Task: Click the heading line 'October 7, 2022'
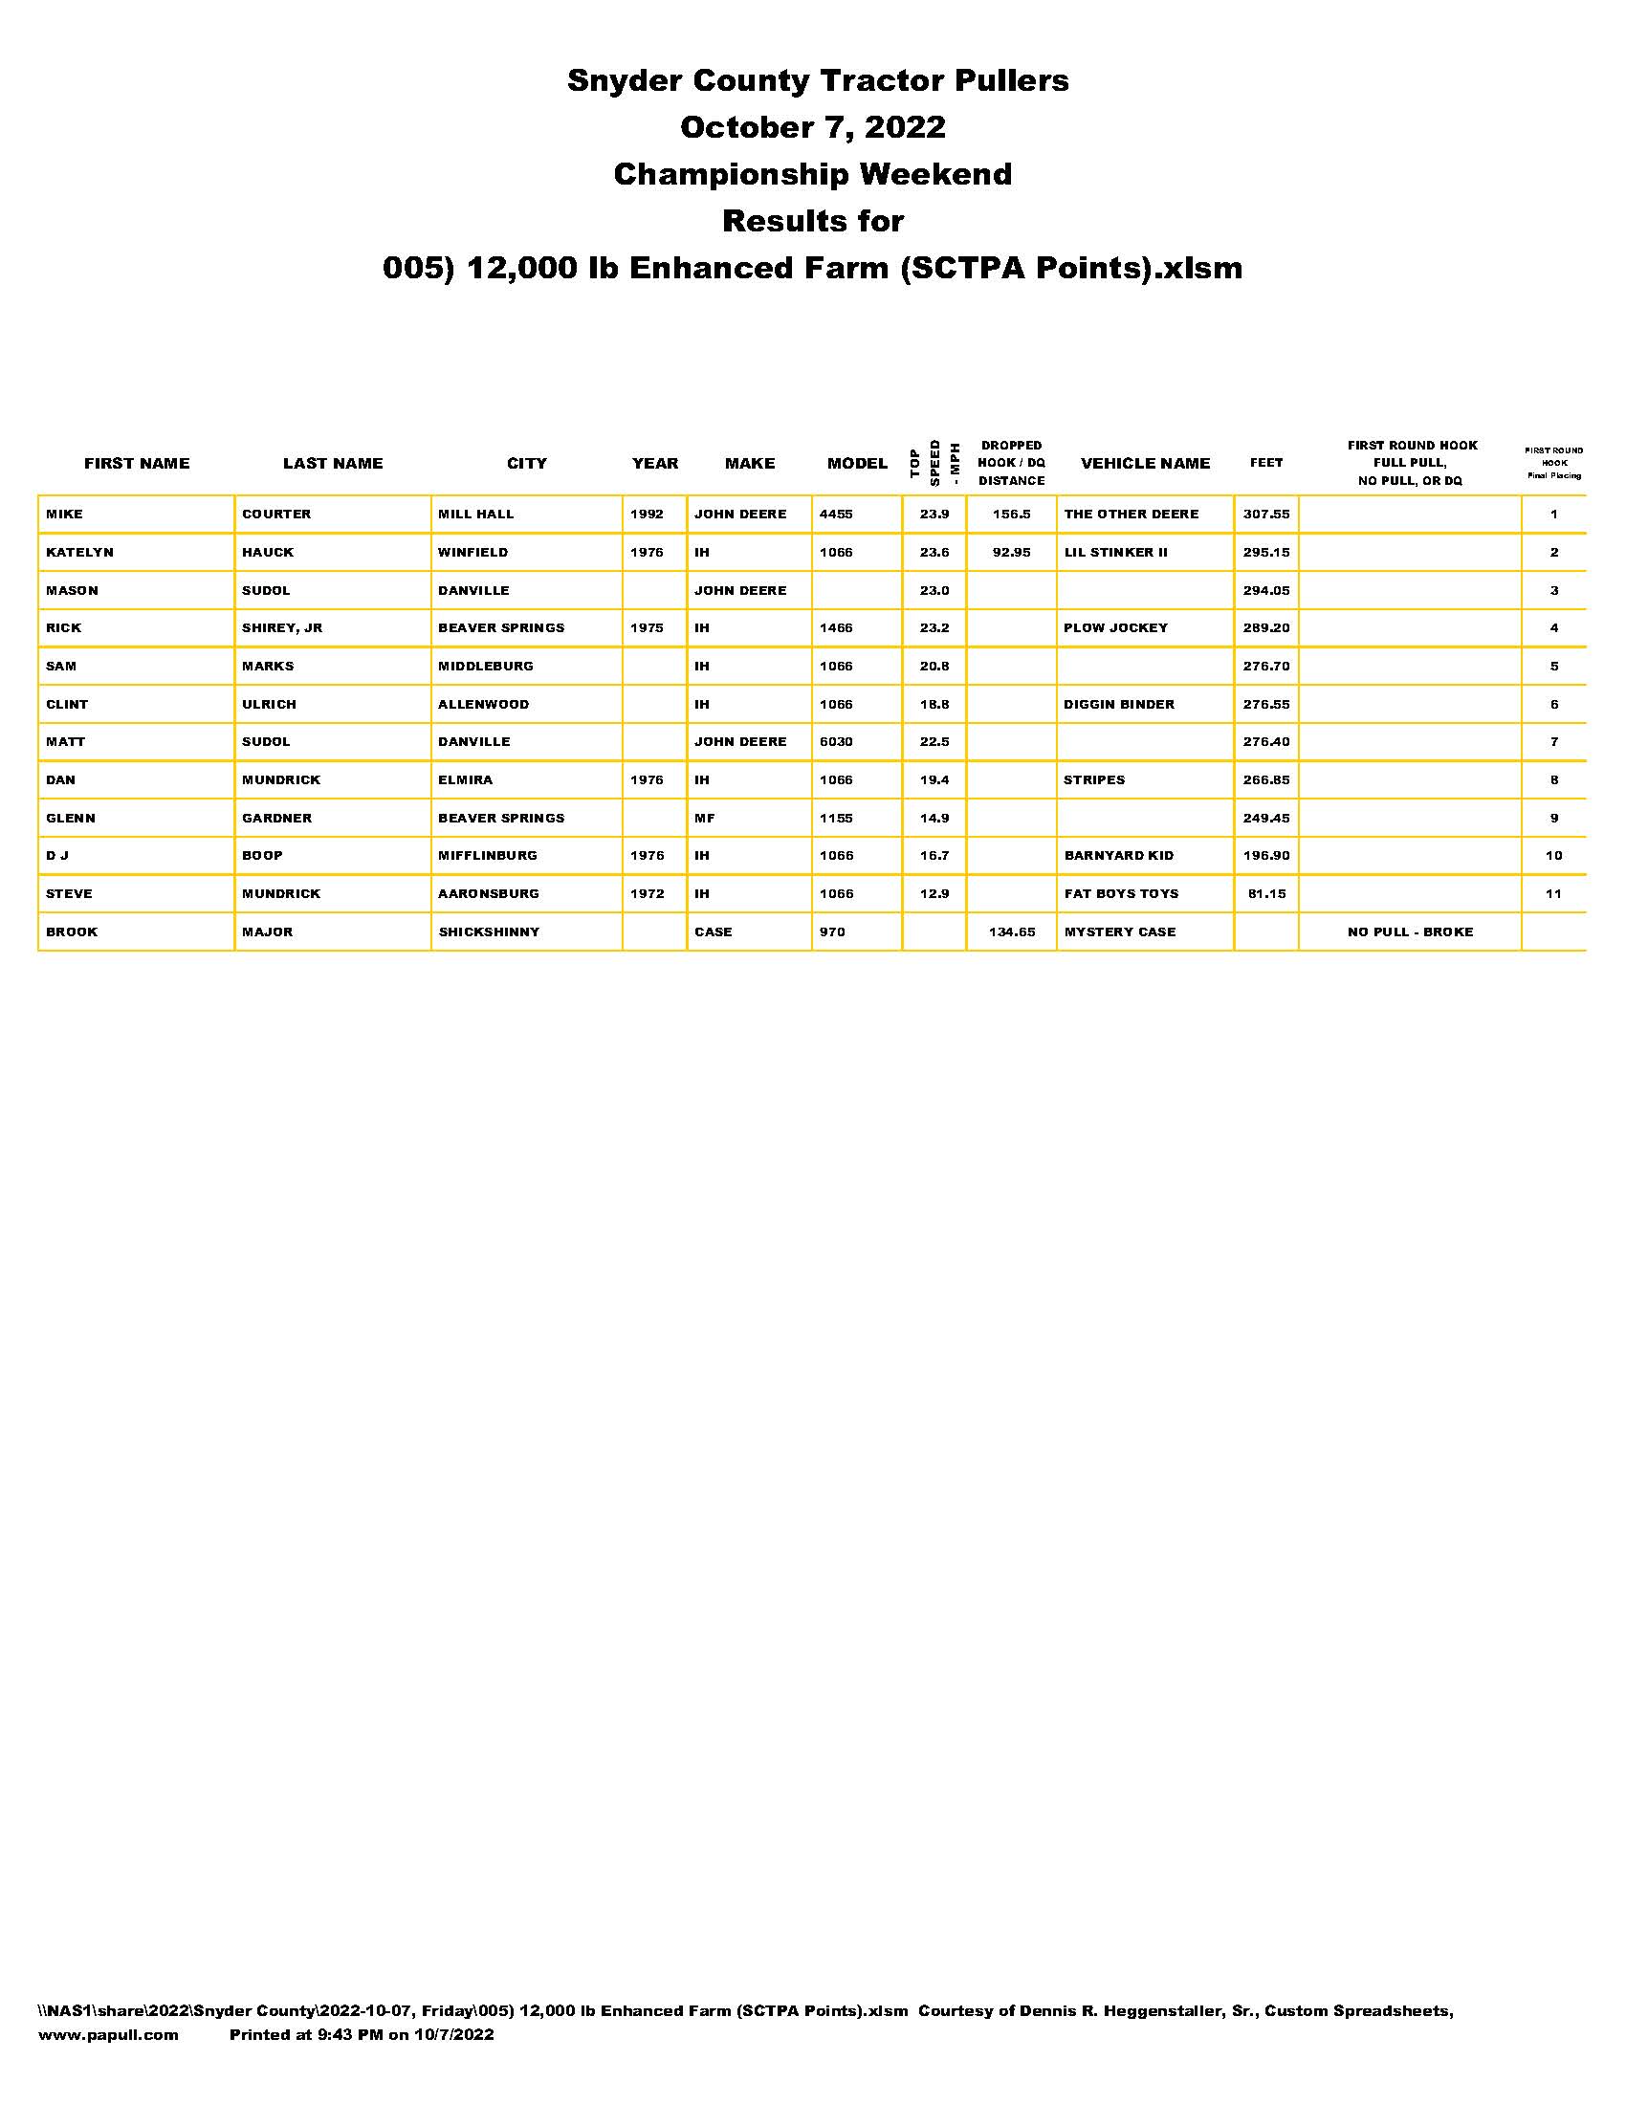[x=812, y=127]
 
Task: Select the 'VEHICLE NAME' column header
[x=1144, y=464]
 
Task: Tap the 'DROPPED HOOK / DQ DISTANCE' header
[x=1010, y=464]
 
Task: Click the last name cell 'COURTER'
[x=276, y=515]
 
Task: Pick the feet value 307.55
[x=1264, y=515]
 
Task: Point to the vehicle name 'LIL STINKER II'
[x=1114, y=553]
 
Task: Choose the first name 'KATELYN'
[x=80, y=553]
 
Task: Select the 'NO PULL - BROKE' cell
[x=1409, y=932]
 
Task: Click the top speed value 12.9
[x=934, y=894]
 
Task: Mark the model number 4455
[x=835, y=515]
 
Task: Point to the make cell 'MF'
[x=704, y=818]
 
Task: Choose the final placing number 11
[x=1552, y=894]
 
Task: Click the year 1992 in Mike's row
[x=647, y=515]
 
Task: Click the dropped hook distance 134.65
[x=1010, y=932]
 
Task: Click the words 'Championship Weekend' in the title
[x=812, y=174]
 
